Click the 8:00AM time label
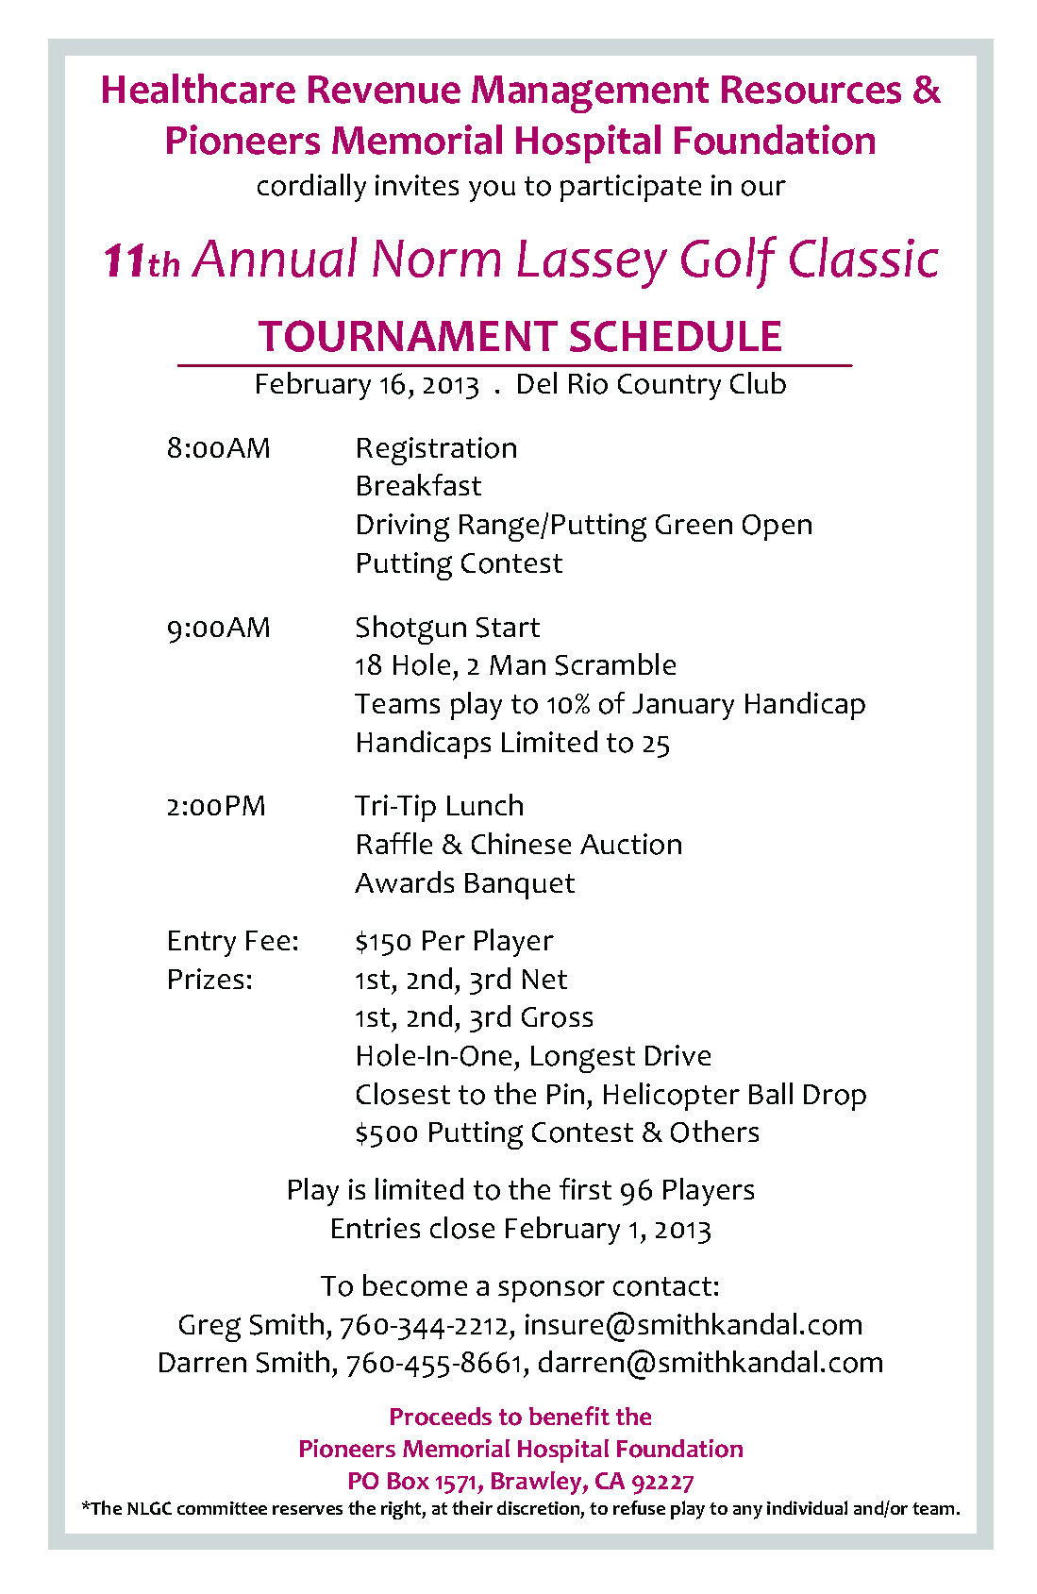click(x=218, y=447)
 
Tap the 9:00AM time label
click(x=218, y=628)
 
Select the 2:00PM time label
click(x=216, y=806)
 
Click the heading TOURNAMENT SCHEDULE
click(x=520, y=337)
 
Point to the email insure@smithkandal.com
click(x=693, y=1324)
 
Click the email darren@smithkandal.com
click(x=710, y=1363)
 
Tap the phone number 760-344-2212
click(x=424, y=1325)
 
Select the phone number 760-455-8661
click(x=434, y=1363)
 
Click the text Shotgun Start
click(x=447, y=628)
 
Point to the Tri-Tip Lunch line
click(x=439, y=806)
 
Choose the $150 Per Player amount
click(x=454, y=941)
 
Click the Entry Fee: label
click(x=232, y=941)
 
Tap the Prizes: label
click(x=209, y=980)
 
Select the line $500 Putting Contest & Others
click(x=557, y=1133)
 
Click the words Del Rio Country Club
click(x=651, y=384)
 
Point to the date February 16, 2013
click(x=366, y=385)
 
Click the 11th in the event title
click(x=141, y=260)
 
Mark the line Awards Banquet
click(x=464, y=883)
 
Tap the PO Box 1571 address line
click(x=520, y=1481)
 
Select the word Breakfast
click(x=418, y=486)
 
